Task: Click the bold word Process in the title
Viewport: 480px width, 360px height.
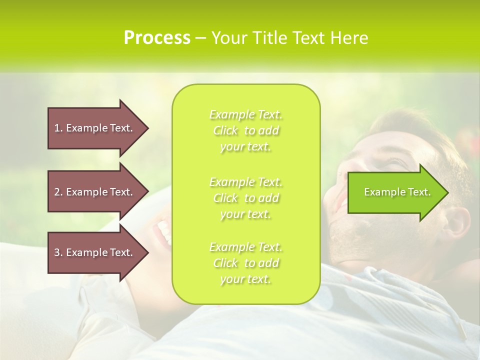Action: point(157,38)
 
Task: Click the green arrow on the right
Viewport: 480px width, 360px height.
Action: point(395,192)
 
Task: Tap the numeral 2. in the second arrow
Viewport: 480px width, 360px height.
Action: point(58,192)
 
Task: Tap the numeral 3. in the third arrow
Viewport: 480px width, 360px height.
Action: point(58,252)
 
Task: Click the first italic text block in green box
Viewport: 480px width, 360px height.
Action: point(246,130)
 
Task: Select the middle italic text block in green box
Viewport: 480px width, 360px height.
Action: point(246,198)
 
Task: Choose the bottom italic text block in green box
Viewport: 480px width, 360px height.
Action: point(246,263)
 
